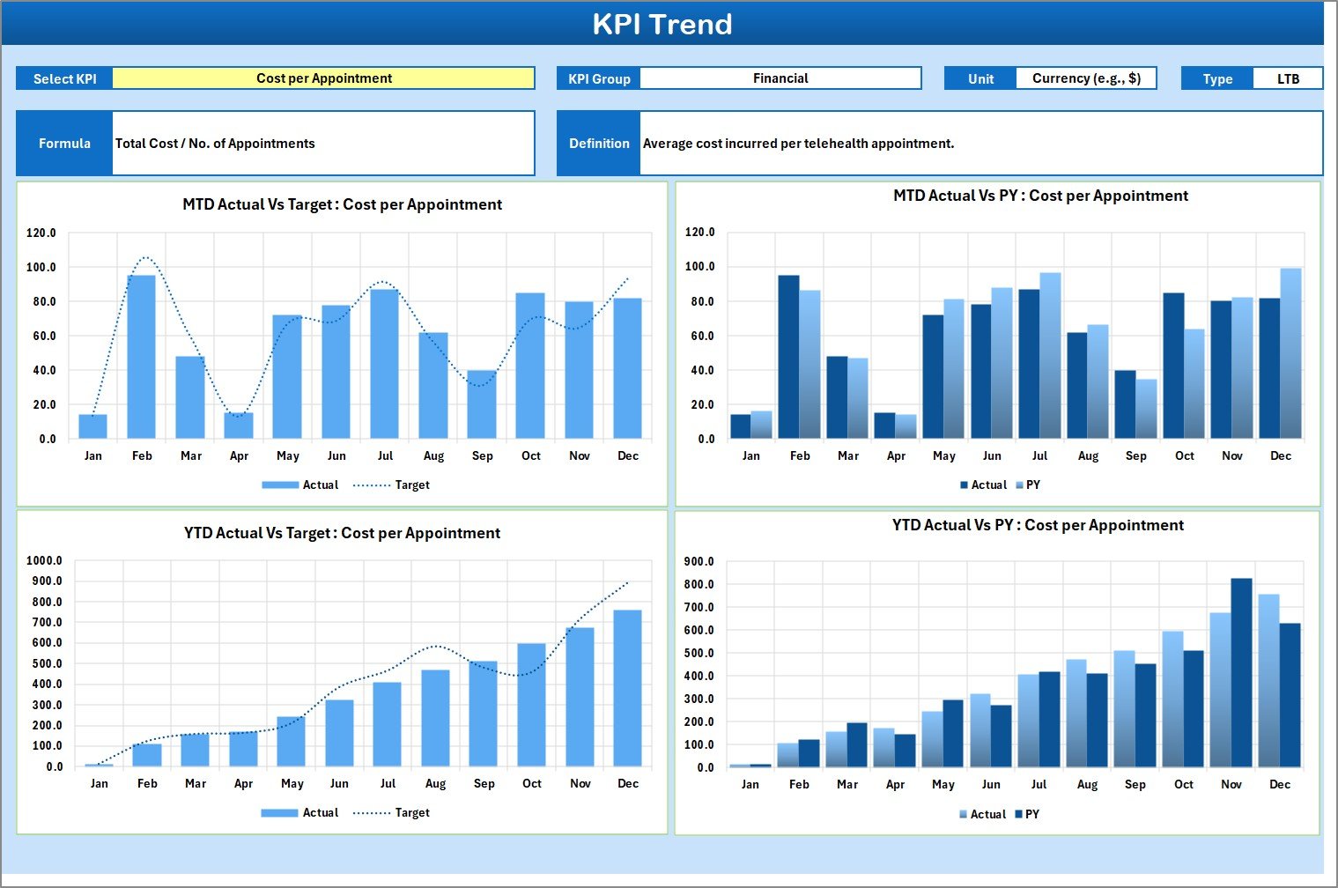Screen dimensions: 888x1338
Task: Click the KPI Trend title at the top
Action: point(662,24)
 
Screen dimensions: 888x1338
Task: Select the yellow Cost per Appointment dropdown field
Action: point(323,78)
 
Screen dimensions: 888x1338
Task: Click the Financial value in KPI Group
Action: point(780,78)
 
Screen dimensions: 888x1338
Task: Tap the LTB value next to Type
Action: point(1287,78)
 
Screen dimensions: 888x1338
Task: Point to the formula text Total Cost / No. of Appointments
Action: point(215,144)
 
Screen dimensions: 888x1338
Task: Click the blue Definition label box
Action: point(598,144)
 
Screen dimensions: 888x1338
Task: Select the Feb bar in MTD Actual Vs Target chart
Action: point(142,357)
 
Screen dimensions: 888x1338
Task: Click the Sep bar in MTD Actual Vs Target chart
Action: point(482,404)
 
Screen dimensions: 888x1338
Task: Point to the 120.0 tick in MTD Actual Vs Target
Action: point(41,233)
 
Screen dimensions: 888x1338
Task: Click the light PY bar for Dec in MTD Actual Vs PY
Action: point(1290,352)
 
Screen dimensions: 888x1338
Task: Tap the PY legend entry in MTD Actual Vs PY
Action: point(1028,485)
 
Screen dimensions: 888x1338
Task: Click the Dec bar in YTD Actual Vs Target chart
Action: point(627,688)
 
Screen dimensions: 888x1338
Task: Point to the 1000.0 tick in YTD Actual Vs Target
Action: point(44,560)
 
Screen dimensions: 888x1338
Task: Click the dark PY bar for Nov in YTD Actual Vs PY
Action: point(1241,672)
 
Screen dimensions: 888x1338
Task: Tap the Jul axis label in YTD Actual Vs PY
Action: point(1039,784)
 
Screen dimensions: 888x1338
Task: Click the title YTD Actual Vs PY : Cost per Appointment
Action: point(1038,525)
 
